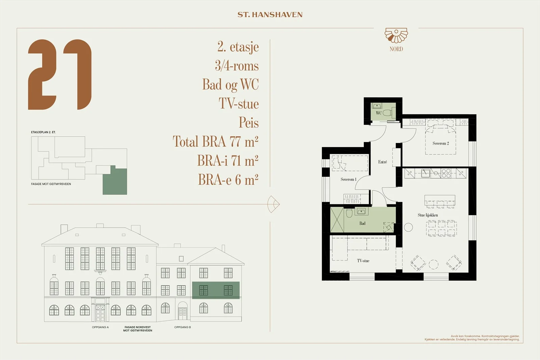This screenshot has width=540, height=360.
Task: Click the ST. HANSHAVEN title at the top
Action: [270, 15]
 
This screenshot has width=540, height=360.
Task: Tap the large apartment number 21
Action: [60, 75]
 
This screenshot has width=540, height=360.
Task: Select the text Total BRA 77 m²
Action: [216, 141]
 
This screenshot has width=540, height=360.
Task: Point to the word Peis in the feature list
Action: [248, 122]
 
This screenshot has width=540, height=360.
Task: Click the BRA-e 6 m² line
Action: [228, 179]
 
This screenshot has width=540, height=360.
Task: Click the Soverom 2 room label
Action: [441, 143]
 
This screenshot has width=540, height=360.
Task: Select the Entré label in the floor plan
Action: [382, 162]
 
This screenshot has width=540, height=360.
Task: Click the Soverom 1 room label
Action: [348, 179]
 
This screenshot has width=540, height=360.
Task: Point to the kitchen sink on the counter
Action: [425, 173]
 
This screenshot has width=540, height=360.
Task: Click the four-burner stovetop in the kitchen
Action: [446, 173]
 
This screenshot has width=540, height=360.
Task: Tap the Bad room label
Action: [362, 223]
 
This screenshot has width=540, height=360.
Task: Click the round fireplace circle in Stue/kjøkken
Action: [408, 227]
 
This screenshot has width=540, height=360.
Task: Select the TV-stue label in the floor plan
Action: [363, 261]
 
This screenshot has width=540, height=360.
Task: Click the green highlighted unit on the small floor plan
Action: [115, 181]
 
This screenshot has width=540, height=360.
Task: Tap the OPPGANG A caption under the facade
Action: [100, 327]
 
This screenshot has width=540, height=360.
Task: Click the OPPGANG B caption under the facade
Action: [183, 327]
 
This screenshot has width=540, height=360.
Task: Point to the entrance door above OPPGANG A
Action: [100, 313]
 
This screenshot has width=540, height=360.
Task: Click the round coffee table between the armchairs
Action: [433, 264]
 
